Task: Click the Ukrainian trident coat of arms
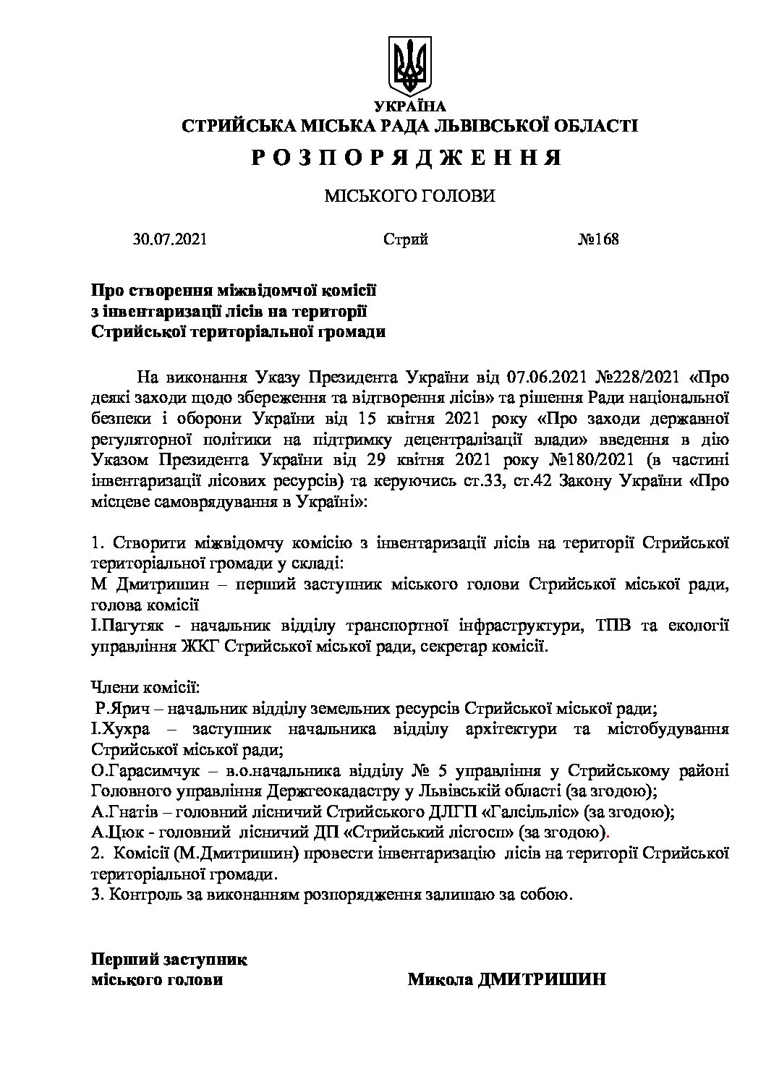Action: pyautogui.click(x=409, y=67)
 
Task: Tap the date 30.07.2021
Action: pyautogui.click(x=170, y=239)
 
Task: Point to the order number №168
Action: pyautogui.click(x=598, y=239)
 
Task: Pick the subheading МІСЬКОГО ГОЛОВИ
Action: pyautogui.click(x=409, y=196)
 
